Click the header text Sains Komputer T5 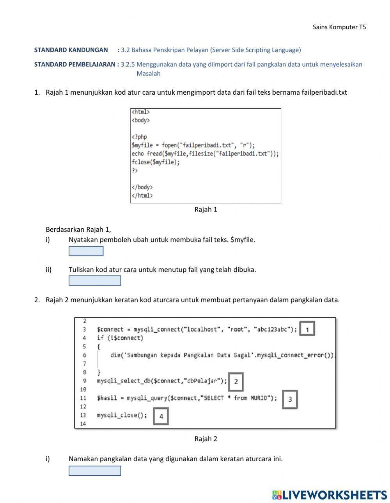[x=339, y=27]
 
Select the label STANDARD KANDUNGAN [x=71, y=50]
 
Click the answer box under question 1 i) [x=86, y=251]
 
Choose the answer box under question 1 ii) [x=95, y=281]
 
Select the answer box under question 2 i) [x=95, y=471]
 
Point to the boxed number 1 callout [x=307, y=330]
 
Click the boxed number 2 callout [x=236, y=381]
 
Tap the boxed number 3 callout [x=290, y=399]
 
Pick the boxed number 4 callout [x=161, y=416]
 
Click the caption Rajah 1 [x=206, y=210]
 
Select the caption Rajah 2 [x=206, y=439]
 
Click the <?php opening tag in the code [x=139, y=137]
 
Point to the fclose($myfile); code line [x=156, y=162]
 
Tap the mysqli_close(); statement [x=122, y=415]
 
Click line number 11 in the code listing [x=83, y=398]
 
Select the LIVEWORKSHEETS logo [x=330, y=495]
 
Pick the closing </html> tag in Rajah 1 [x=142, y=196]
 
